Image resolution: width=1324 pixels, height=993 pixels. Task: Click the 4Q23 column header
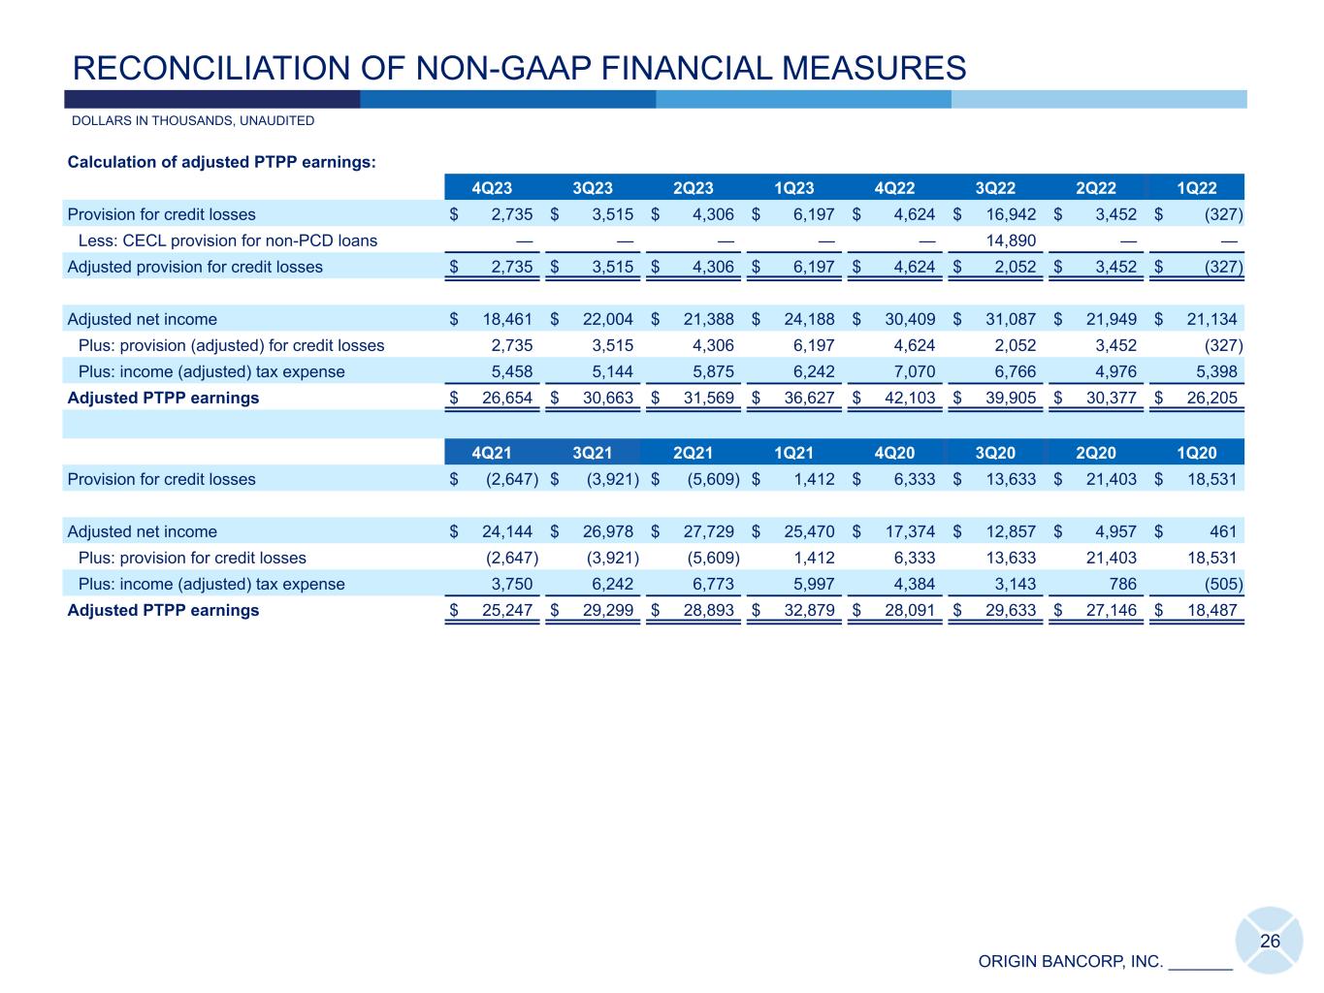492,188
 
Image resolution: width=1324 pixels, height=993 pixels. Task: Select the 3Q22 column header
995,188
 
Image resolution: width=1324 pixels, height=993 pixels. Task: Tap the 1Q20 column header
1196,453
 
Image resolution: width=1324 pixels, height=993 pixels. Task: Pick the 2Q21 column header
693,453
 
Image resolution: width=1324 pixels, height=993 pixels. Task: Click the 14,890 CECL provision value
1011,240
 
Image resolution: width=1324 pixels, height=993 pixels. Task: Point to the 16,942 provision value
1011,214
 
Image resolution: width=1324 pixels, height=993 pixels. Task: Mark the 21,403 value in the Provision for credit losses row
1111,479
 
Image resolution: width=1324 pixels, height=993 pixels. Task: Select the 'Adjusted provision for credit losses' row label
195,267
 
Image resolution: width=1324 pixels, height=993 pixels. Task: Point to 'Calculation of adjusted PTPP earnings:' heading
221,162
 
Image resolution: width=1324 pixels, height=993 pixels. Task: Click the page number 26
1270,942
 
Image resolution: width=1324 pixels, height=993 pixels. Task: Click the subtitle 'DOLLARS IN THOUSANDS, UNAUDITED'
193,121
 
